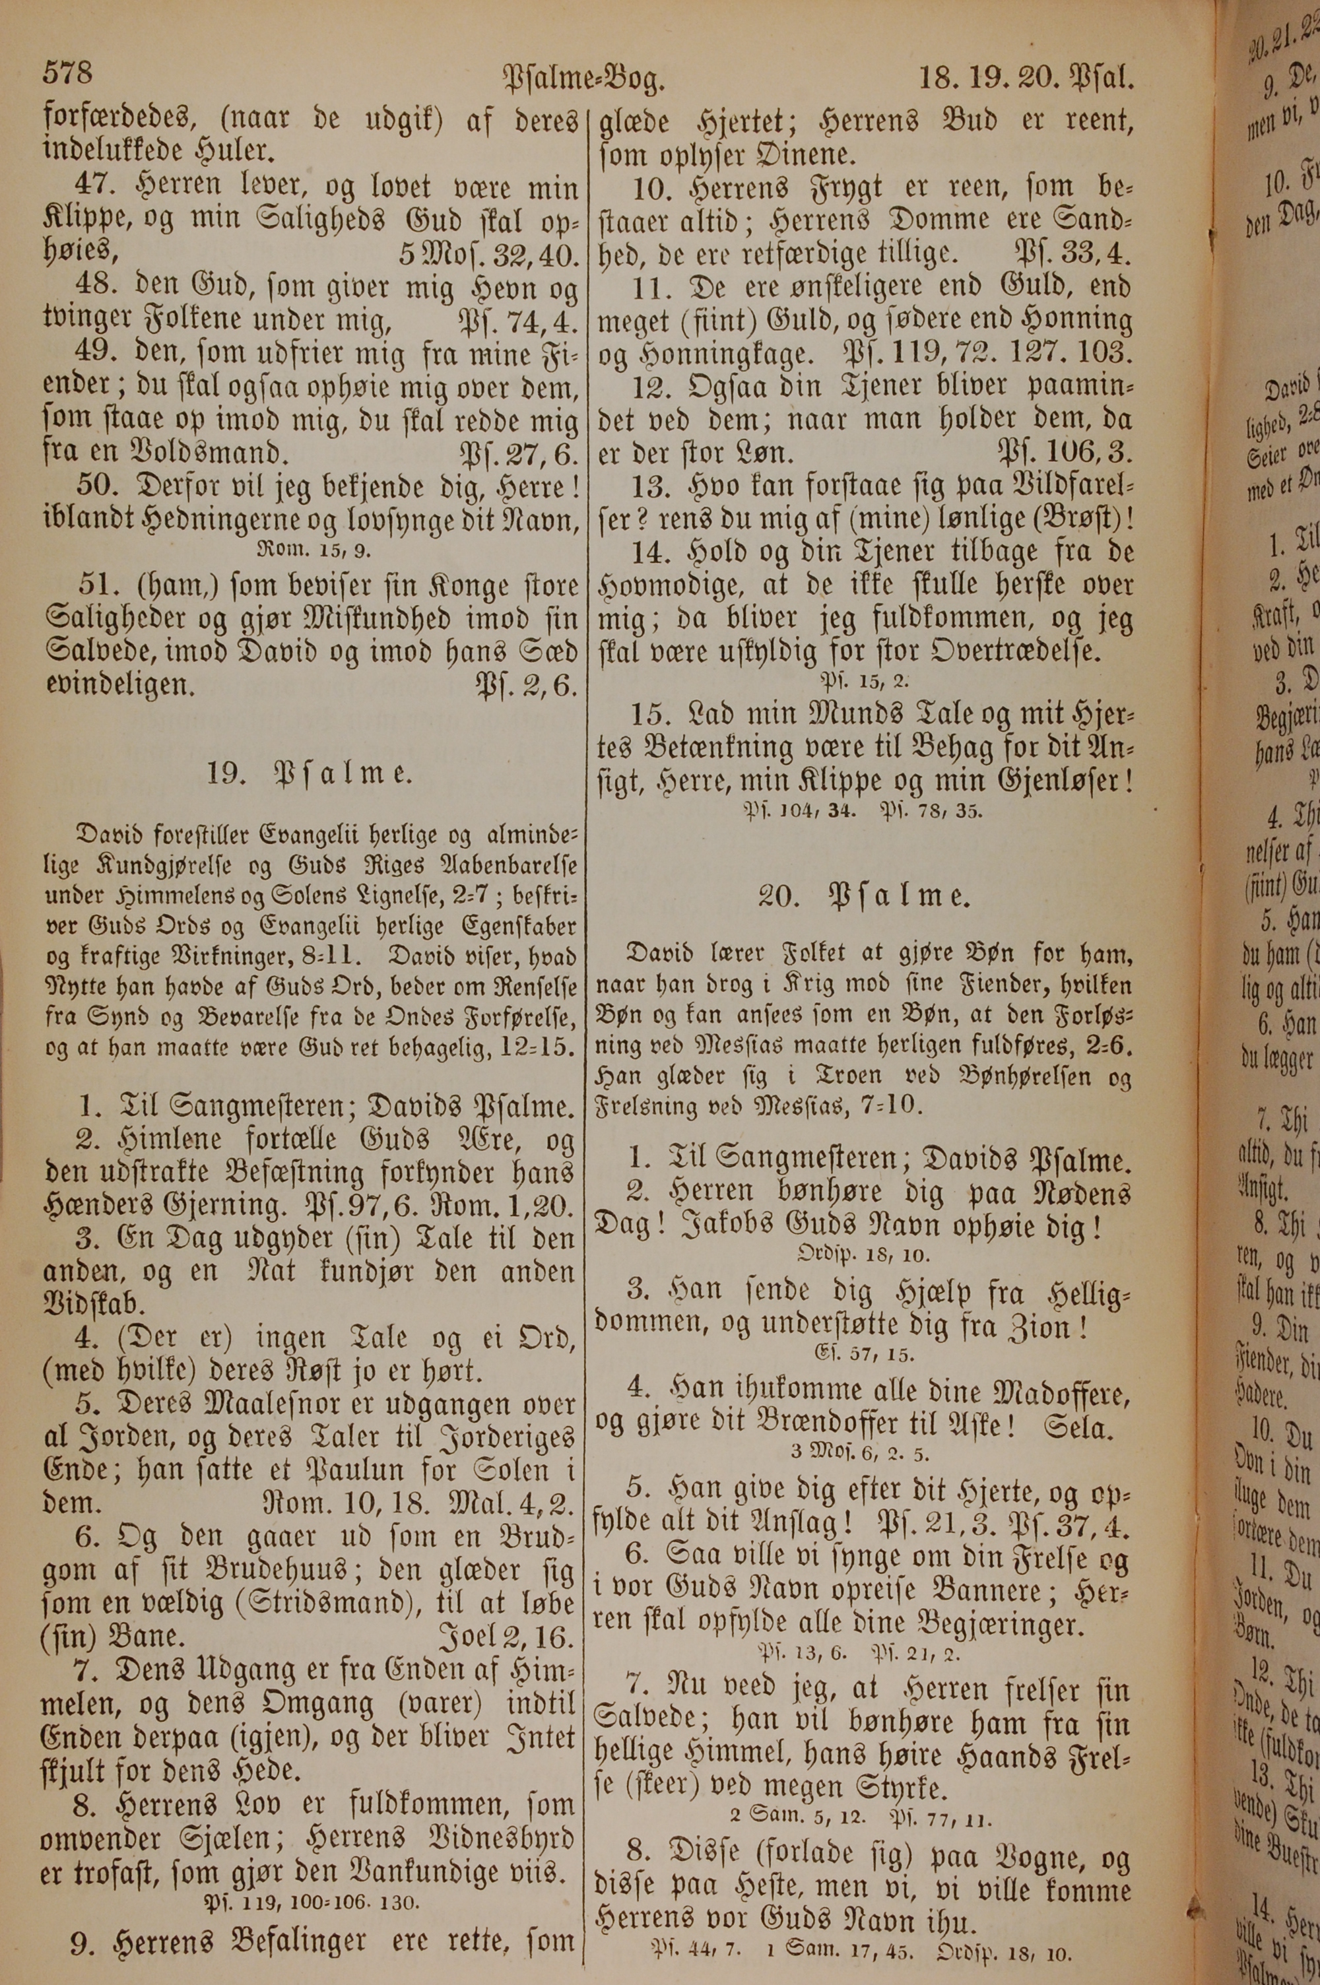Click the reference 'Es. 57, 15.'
(x=865, y=1355)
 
